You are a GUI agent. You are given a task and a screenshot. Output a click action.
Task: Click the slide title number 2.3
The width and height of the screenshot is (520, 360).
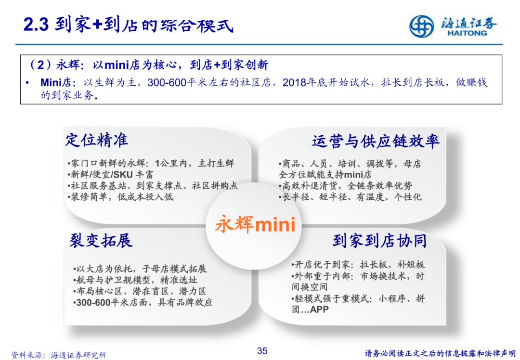(36, 25)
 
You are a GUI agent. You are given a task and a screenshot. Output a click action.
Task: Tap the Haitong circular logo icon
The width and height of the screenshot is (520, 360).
(422, 26)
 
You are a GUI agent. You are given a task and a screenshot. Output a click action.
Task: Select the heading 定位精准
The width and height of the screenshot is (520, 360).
(97, 140)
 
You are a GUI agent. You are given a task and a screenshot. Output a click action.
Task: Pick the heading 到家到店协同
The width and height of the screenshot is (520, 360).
(379, 241)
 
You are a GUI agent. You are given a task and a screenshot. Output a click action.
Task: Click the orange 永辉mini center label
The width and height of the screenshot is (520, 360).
(255, 224)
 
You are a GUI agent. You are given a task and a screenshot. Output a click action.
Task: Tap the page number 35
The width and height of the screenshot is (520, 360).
(262, 350)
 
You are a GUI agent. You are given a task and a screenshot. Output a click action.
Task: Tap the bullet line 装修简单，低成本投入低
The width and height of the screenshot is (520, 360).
(120, 197)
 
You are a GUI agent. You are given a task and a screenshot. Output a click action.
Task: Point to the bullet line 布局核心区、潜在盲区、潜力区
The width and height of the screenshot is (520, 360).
(139, 291)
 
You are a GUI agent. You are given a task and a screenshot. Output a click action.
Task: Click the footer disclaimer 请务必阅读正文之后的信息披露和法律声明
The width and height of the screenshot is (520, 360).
(440, 353)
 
